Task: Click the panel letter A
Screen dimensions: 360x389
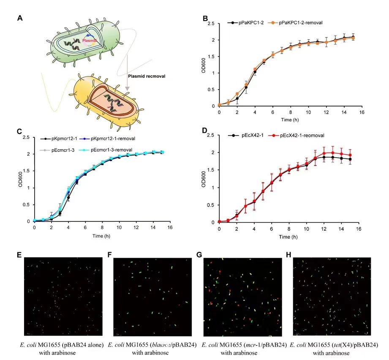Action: click(20, 18)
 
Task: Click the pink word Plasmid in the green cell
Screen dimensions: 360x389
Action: click(89, 40)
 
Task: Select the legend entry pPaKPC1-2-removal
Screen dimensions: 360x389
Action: click(300, 22)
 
